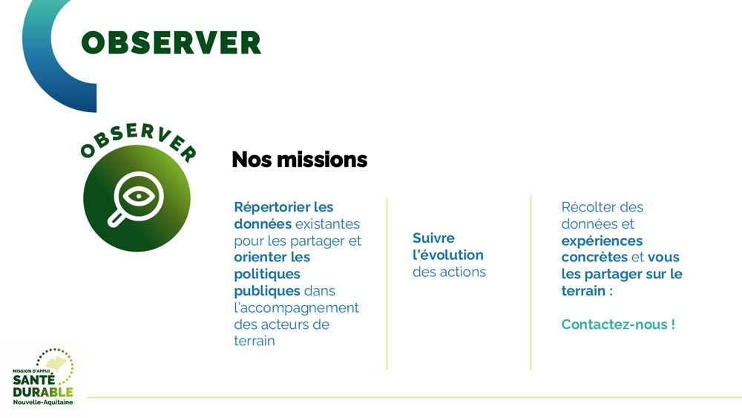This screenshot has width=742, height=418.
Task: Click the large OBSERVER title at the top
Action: pos(171,42)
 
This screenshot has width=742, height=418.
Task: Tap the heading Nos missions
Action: pos(300,160)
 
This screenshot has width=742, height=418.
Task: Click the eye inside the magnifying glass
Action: pos(138,195)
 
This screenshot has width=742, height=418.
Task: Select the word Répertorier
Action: pos(272,208)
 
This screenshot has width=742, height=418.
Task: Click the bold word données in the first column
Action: pos(263,223)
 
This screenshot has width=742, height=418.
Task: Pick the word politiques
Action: pos(267,274)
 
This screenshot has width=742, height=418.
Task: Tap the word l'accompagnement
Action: pos(296,308)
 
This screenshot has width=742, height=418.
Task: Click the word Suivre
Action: pos(433,238)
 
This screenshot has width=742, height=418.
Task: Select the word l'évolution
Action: pos(447,255)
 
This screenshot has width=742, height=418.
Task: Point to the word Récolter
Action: pos(588,207)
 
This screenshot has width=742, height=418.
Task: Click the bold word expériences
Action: pos(602,241)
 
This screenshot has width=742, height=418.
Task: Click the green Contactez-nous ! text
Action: pos(618,324)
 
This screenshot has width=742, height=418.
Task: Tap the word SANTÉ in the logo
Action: pos(33,379)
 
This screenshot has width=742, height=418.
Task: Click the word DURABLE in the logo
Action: pos(42,392)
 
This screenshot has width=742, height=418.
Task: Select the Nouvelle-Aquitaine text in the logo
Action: pos(42,402)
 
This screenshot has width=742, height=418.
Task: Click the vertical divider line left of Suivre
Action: pos(387,284)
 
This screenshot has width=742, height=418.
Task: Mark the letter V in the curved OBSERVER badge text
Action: pos(164,135)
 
